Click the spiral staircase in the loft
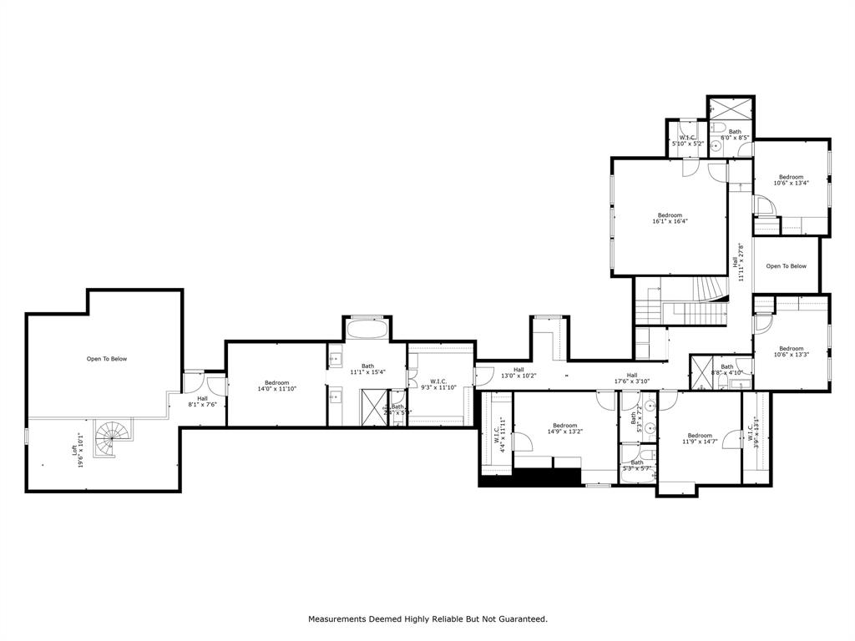click(x=111, y=437)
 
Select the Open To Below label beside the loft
click(x=107, y=359)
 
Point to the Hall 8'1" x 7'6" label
click(x=202, y=401)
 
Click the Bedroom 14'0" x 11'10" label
click(x=276, y=386)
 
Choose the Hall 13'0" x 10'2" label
click(x=519, y=372)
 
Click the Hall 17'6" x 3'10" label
click(x=632, y=378)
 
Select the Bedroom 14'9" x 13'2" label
click(x=564, y=428)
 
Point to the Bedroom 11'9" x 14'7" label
click(x=699, y=438)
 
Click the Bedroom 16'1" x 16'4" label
click(x=670, y=218)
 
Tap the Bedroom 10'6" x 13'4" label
click(x=791, y=179)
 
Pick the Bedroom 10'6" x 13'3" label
click(x=791, y=351)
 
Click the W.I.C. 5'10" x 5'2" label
click(x=688, y=141)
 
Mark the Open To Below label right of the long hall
click(x=787, y=266)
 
